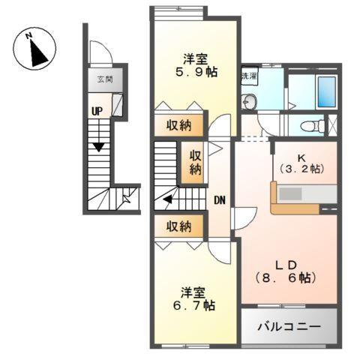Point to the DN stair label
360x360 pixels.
219,200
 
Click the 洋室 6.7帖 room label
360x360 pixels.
196,299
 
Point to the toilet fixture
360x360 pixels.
319,126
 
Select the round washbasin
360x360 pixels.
251,102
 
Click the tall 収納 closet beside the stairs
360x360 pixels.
195,163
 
